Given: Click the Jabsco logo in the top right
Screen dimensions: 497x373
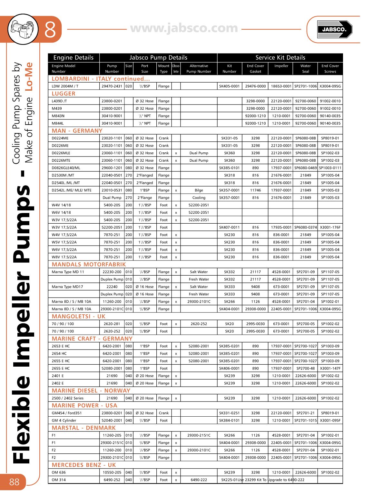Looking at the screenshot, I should coord(334,29).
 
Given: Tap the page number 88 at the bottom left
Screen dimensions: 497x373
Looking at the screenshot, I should coord(14,482).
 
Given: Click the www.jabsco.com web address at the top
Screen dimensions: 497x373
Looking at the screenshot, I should coord(184,28).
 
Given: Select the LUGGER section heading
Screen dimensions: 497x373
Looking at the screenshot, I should coord(64,94).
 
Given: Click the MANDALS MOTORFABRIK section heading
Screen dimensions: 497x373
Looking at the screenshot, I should coord(89,264).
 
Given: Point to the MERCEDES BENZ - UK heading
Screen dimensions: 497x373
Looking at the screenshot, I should coord(84,465).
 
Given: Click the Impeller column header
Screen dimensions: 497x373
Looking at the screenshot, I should coord(281,66).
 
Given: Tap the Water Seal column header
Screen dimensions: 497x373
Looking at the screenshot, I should coord(305,68).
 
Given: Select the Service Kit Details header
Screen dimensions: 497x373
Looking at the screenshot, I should coord(280,57).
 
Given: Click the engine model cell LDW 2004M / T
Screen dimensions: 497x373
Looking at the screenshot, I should coord(65,86).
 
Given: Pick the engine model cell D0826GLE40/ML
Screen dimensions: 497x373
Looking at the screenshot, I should coord(66,168).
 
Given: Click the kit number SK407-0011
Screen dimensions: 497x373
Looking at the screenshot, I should coord(229,227).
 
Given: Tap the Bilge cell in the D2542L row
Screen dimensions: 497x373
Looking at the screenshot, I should coord(199,190).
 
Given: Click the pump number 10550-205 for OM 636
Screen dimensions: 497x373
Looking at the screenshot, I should coord(112,472).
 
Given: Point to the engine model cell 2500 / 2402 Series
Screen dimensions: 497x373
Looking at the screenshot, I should coord(67,398).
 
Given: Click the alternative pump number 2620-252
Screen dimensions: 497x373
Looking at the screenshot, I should coord(199,324).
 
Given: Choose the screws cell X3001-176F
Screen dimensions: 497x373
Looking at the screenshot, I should coord(330,227).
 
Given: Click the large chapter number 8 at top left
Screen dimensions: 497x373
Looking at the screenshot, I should coord(50,30).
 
